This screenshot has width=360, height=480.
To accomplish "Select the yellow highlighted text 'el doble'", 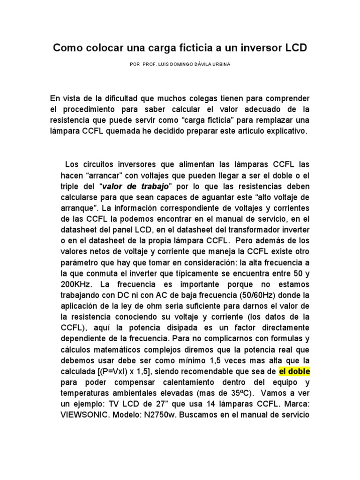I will pos(294,372).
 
